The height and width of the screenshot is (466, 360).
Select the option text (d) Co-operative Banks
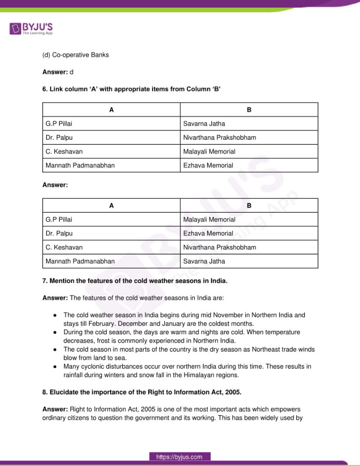[x=75, y=55]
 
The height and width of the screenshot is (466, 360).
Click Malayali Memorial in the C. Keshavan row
[x=209, y=152]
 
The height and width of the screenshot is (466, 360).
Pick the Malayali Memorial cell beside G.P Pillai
[x=209, y=219]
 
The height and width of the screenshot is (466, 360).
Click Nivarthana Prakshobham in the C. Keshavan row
[x=220, y=247]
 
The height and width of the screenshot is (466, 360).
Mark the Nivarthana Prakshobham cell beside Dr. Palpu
[x=220, y=138]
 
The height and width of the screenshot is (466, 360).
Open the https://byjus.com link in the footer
[x=180, y=457]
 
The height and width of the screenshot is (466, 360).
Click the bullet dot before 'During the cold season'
[x=55, y=332]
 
